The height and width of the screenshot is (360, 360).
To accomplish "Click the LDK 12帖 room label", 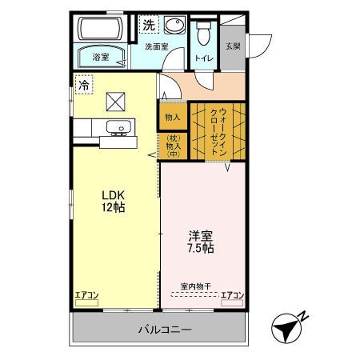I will [113, 201].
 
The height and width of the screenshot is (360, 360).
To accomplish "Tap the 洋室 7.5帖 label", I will [201, 242].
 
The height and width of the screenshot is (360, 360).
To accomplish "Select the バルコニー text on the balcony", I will [164, 329].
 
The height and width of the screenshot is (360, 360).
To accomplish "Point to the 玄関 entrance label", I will [231, 46].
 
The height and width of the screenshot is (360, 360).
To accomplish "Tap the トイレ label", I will [203, 58].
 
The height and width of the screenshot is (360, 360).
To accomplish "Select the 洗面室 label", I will [156, 46].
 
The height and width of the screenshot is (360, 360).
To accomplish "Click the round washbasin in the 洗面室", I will [178, 26].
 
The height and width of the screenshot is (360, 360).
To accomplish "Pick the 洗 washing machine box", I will [149, 25].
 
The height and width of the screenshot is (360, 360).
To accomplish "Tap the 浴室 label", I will [100, 57].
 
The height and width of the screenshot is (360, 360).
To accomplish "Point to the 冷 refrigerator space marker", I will [83, 82].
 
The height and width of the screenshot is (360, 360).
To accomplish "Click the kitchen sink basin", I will [118, 126].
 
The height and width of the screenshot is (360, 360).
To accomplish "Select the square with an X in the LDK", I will [116, 100].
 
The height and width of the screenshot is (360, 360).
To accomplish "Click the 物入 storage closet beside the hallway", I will [172, 117].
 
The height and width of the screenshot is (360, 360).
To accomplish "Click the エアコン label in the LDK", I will [86, 295].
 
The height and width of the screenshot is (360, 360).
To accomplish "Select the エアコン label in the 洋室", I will [232, 295].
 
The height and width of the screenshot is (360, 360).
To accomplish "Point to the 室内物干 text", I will [195, 286].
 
